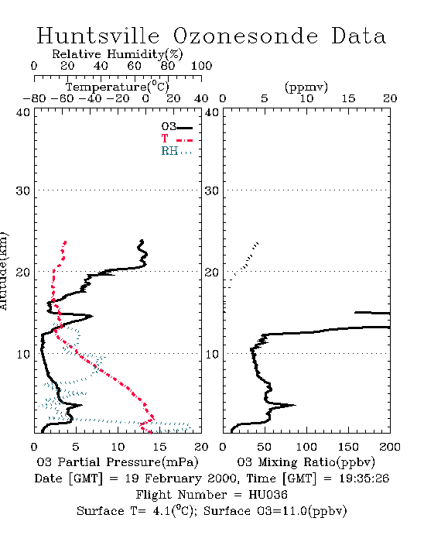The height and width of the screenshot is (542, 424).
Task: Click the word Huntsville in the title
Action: click(98, 36)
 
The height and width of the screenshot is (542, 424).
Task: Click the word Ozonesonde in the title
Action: click(245, 36)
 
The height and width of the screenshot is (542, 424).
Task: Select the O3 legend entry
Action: click(176, 127)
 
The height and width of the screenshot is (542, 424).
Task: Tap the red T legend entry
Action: click(176, 139)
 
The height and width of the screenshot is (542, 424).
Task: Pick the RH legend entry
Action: click(176, 151)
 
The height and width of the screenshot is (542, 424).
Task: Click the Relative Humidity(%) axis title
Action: click(118, 54)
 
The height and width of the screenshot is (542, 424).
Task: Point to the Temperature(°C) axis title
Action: click(118, 87)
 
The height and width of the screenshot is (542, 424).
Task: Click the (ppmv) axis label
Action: click(306, 87)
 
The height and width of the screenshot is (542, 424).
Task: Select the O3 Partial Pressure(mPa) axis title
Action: click(118, 462)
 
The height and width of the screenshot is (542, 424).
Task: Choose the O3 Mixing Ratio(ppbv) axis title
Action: click(306, 462)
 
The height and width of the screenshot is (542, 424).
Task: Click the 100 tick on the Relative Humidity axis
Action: click(201, 66)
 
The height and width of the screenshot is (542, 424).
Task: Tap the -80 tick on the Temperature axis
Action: click(34, 99)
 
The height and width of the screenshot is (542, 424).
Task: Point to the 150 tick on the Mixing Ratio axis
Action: click(348, 447)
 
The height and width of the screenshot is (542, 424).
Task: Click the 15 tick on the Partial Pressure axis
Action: click(159, 447)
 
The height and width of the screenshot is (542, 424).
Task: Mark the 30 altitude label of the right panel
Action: click(212, 190)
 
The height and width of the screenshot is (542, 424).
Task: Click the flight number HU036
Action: click(268, 495)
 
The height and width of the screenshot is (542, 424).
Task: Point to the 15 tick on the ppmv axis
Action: click(348, 99)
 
